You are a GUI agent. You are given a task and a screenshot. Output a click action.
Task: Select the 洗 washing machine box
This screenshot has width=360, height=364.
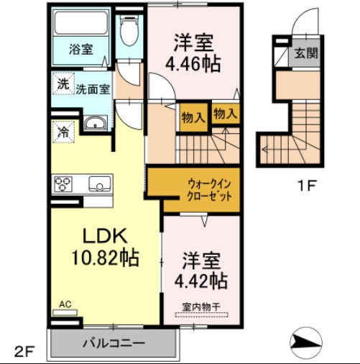coord(63,83)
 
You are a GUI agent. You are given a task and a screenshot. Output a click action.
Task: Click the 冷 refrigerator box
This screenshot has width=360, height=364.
coord(63,132)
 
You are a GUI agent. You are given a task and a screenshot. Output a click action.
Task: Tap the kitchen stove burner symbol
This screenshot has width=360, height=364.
coord(63,184)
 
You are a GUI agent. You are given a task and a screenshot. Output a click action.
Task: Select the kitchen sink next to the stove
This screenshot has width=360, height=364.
coord(98,184)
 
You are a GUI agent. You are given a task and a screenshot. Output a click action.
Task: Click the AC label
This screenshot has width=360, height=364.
coord(65,304)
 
